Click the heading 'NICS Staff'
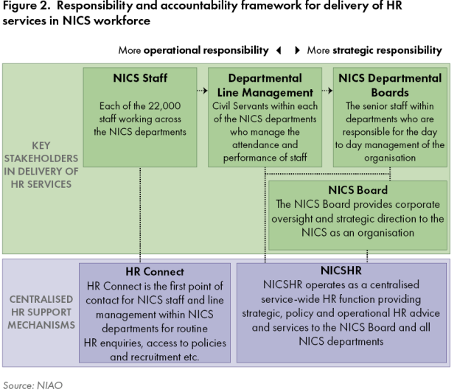(139, 78)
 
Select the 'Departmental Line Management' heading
(265, 85)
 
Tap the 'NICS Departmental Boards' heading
(390, 85)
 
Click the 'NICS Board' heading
(358, 190)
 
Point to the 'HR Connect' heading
(156, 270)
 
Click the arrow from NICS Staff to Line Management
(202, 92)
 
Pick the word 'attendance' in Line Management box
(258, 145)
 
